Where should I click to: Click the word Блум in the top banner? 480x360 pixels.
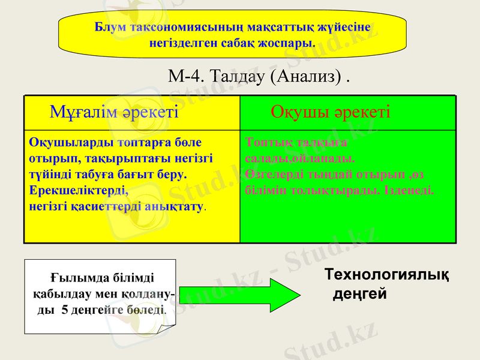point(109,27)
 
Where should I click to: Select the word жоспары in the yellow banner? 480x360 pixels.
point(292,43)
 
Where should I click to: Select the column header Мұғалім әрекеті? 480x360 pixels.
point(114,112)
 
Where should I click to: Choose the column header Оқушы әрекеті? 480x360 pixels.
point(330,112)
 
